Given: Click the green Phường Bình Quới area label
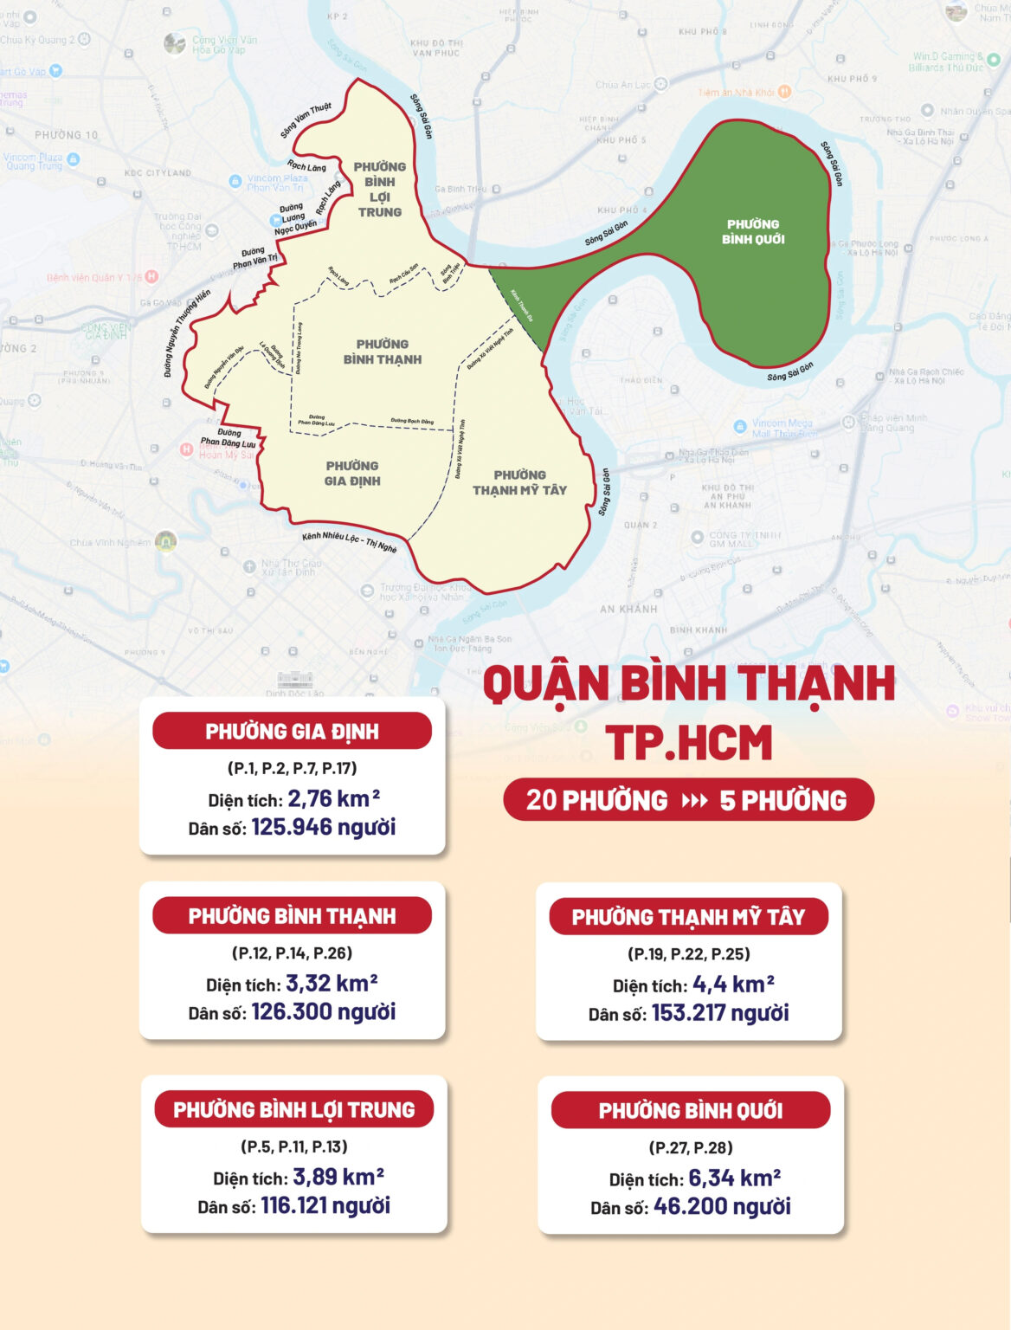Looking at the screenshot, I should click(753, 231).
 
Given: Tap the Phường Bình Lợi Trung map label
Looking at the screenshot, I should click(379, 189).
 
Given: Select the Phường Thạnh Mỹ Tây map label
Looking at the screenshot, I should click(519, 482).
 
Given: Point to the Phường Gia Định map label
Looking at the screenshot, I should click(352, 473).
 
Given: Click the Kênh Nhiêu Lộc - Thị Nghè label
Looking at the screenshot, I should click(349, 542).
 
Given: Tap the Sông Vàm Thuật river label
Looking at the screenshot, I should click(306, 120).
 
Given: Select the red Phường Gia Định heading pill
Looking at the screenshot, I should click(292, 732).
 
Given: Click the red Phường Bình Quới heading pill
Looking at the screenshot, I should click(690, 1110).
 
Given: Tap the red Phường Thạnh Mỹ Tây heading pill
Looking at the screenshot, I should click(688, 917).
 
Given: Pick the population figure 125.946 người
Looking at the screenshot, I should click(323, 827).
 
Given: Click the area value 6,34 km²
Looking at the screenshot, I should click(734, 1178).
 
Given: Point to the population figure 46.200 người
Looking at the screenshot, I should click(722, 1206).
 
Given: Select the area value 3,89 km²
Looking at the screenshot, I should click(338, 1177).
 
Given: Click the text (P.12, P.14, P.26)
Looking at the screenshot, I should click(292, 952).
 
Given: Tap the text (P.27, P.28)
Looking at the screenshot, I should click(691, 1147).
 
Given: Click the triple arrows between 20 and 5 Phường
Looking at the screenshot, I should click(694, 800).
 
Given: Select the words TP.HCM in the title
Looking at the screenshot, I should click(688, 743).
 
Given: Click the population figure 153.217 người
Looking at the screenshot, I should click(719, 1013).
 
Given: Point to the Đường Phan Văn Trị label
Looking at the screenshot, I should click(254, 256).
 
